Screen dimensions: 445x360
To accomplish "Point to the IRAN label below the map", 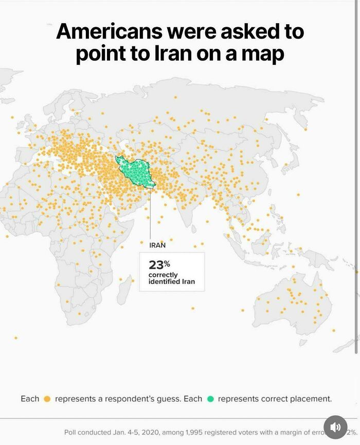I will (x=157, y=245).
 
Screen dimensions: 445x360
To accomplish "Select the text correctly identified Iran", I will (x=171, y=278).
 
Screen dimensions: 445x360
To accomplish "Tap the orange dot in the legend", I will (x=47, y=399).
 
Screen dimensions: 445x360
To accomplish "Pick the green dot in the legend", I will (x=210, y=399).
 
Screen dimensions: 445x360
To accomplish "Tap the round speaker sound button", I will (x=335, y=427).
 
